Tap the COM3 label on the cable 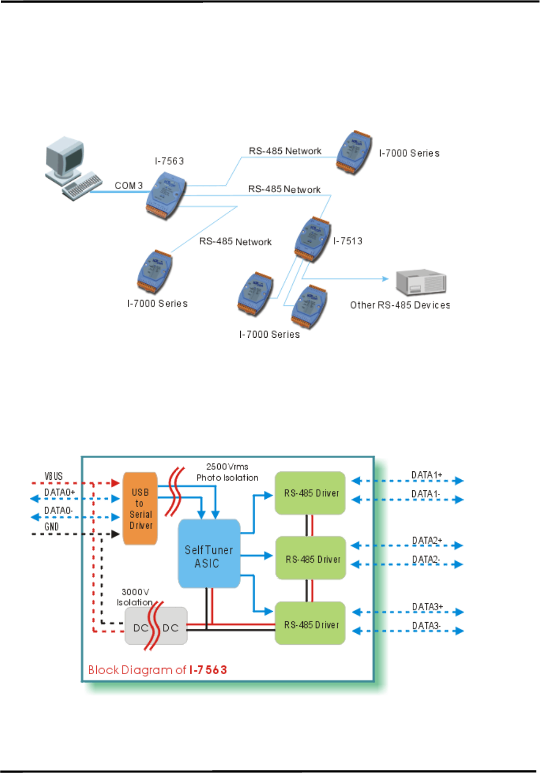[x=128, y=185]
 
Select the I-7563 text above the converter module [x=169, y=161]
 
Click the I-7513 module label [x=348, y=241]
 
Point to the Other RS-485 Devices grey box [x=421, y=282]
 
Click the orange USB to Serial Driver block [x=140, y=508]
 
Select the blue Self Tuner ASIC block [x=209, y=554]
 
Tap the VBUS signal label [x=54, y=476]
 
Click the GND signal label [x=52, y=527]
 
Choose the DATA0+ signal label [x=59, y=492]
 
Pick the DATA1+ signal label [x=426, y=475]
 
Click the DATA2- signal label [x=425, y=559]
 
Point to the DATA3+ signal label [x=427, y=607]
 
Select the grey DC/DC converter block [x=156, y=626]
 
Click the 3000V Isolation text [x=135, y=597]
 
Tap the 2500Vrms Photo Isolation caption [x=227, y=472]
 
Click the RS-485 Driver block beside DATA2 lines [x=311, y=558]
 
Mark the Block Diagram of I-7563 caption [x=157, y=670]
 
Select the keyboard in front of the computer [x=83, y=186]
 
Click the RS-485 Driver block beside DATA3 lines [x=310, y=624]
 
